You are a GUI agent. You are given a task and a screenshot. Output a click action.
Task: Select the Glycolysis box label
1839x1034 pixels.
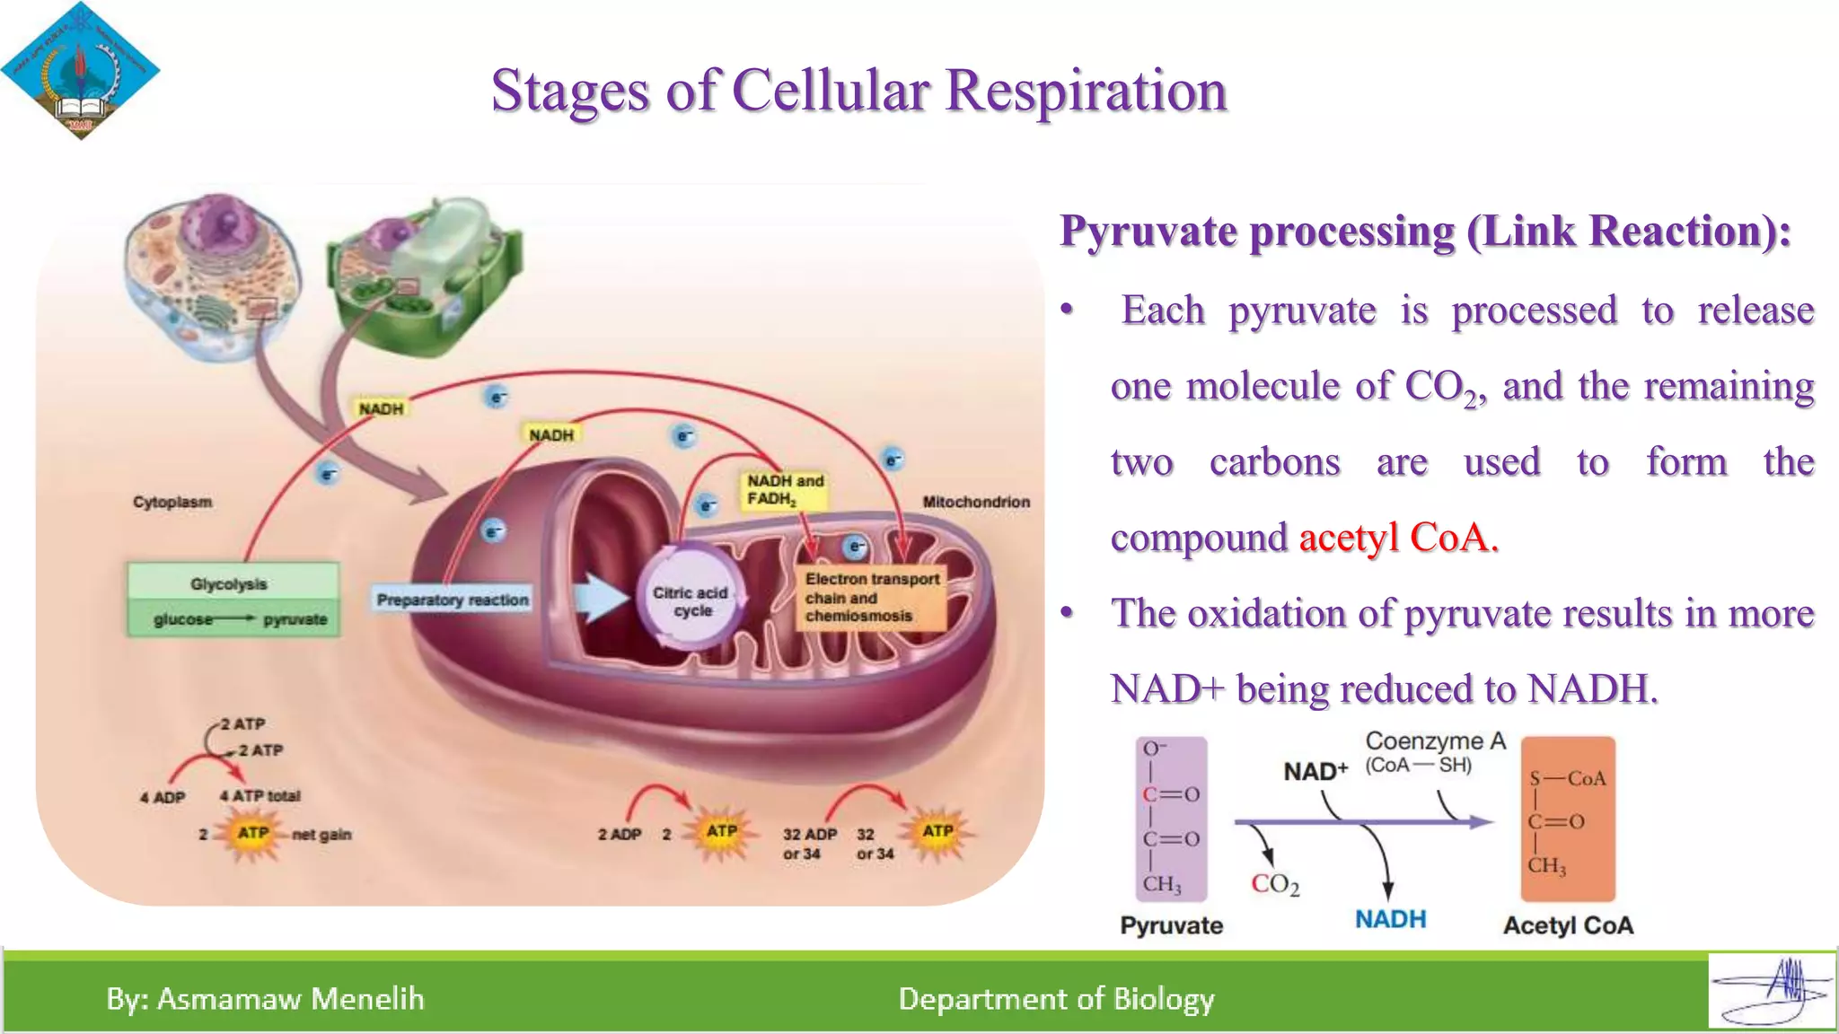pos(229,583)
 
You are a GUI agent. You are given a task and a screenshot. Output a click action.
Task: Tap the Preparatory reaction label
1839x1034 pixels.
pos(453,600)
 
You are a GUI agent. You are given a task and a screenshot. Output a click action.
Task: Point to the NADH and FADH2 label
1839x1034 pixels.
pos(783,490)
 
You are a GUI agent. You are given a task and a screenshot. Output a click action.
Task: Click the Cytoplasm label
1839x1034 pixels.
pos(172,502)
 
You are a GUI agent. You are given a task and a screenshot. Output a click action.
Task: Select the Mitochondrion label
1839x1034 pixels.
pos(976,502)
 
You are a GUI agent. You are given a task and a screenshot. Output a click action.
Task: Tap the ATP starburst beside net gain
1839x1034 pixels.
pos(252,833)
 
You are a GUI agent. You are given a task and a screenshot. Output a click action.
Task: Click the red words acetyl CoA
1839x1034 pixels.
pos(1398,538)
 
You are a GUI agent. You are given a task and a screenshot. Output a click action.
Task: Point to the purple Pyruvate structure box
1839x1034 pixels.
pos(1171,818)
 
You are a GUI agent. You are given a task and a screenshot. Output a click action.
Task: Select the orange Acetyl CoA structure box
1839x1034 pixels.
pos(1568,818)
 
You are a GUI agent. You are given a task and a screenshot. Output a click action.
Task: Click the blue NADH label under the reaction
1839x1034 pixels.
pos(1390,919)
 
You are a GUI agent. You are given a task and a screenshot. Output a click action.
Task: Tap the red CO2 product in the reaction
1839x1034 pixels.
pos(1275,884)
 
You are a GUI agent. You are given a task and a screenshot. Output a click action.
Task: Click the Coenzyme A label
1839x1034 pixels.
pos(1434,741)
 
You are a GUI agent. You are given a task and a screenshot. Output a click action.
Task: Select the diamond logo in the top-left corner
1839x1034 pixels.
pos(80,70)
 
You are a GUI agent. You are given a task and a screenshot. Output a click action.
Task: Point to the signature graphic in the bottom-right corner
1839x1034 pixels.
pos(1771,990)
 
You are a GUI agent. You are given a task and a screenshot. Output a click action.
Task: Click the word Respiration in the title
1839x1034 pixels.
pos(1086,91)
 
